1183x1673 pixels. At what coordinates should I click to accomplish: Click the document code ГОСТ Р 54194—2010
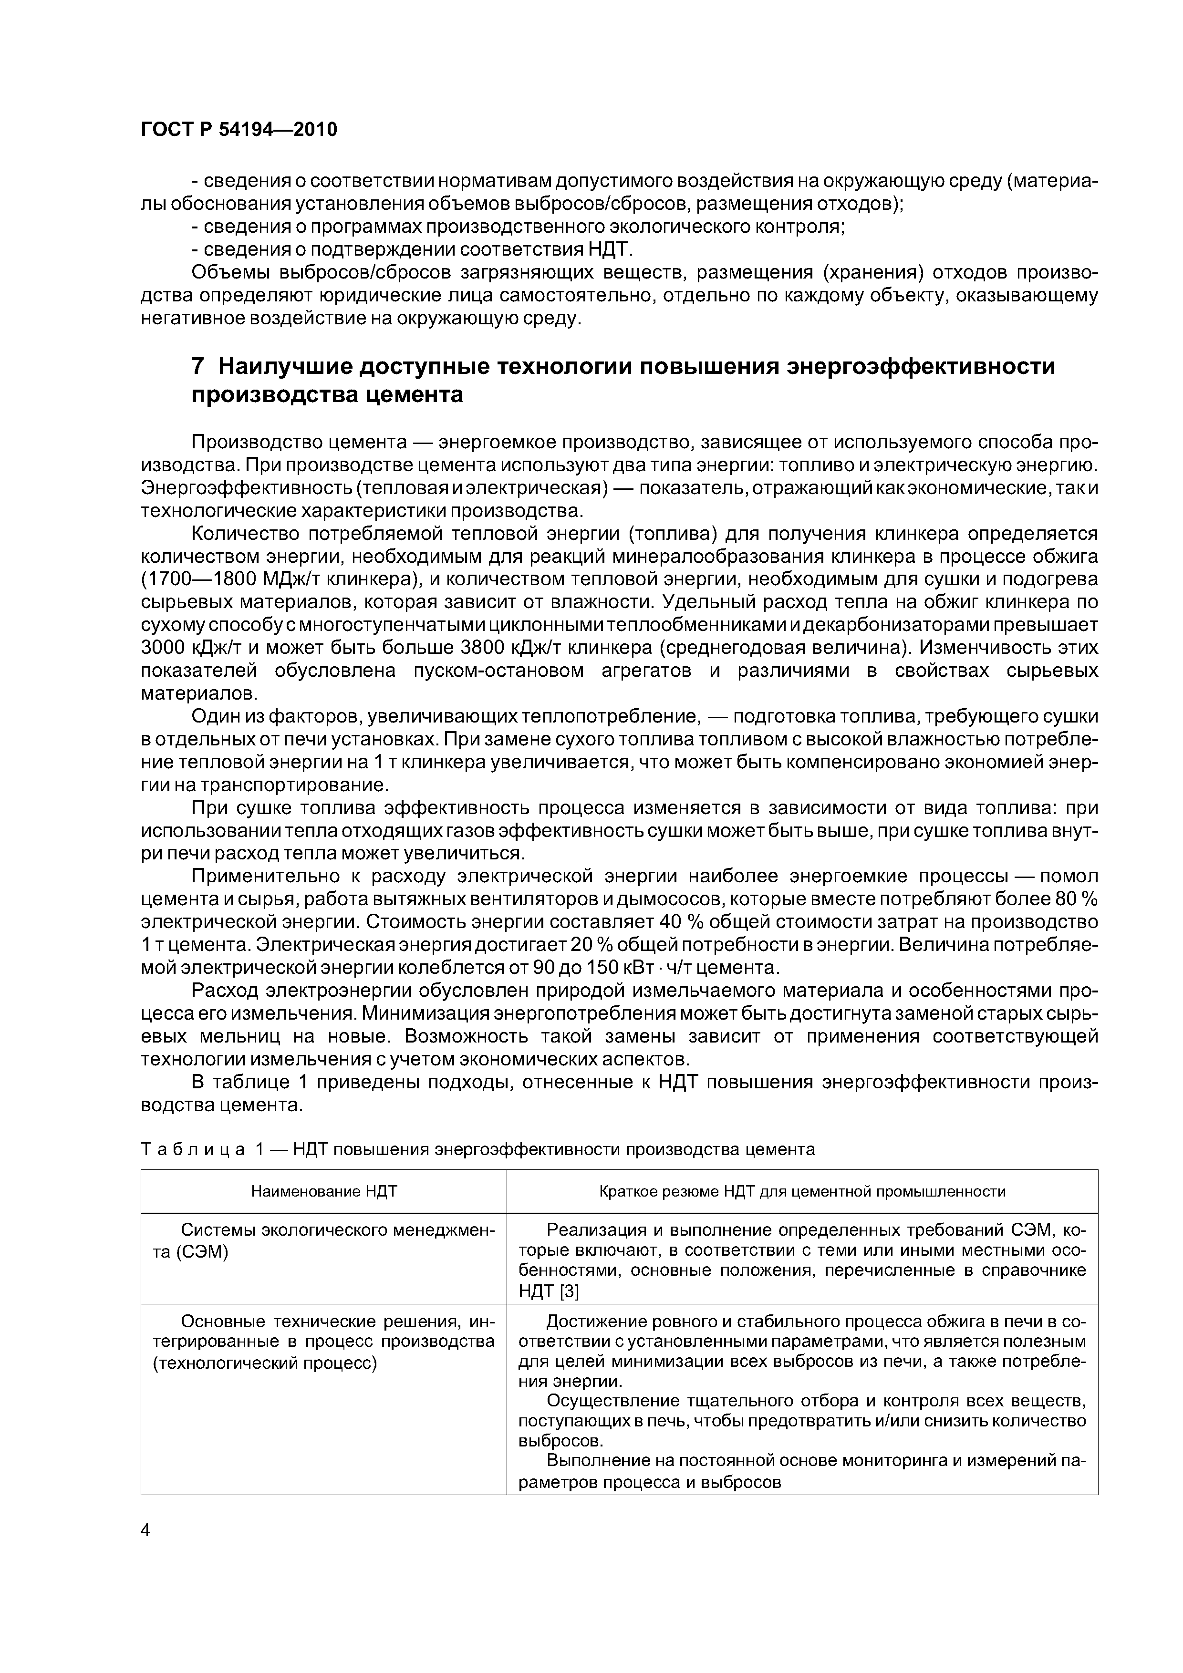pos(239,130)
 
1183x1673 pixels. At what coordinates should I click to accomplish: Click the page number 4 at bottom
pos(145,1530)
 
